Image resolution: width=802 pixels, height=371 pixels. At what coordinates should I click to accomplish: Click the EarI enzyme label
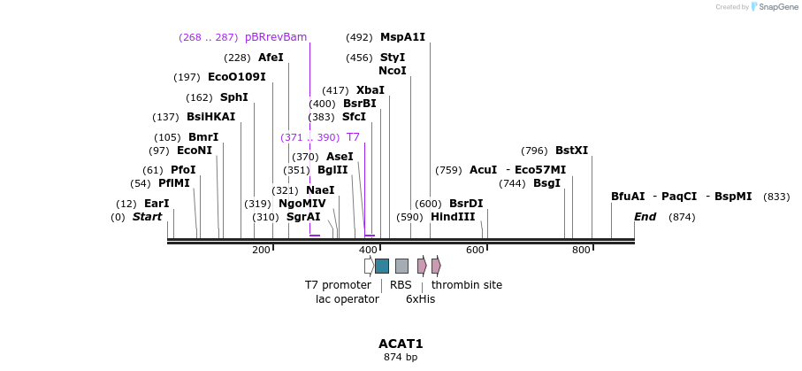click(x=157, y=204)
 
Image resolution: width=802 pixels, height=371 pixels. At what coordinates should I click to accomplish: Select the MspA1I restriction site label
click(x=402, y=37)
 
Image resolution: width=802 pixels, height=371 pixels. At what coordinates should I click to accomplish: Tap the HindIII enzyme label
click(x=453, y=217)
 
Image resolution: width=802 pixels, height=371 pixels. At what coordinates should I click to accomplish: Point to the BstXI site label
click(x=571, y=151)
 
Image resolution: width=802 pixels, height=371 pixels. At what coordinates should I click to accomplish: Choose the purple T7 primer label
click(x=353, y=137)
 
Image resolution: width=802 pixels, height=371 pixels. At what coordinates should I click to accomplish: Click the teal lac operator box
click(x=382, y=266)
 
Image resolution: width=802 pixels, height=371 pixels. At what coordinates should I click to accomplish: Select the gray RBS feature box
click(x=401, y=266)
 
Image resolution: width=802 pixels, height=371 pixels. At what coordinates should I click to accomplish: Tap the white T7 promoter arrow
click(x=369, y=266)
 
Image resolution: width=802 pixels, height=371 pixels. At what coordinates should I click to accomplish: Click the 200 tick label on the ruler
click(x=261, y=251)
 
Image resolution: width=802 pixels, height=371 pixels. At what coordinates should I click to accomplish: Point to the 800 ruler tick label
click(x=581, y=251)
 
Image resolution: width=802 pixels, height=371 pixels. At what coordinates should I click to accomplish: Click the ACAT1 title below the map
click(x=401, y=344)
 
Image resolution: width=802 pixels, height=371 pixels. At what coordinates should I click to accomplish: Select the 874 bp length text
click(x=401, y=358)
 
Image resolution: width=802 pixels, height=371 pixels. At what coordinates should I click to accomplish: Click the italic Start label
click(x=148, y=217)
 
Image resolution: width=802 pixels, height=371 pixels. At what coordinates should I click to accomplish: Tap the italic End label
click(x=646, y=217)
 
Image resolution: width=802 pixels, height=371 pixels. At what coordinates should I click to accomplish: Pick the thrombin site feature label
click(x=467, y=285)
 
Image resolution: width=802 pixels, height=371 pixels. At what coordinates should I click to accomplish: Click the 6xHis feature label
click(x=421, y=299)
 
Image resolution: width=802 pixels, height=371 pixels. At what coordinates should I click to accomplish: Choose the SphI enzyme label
click(x=234, y=97)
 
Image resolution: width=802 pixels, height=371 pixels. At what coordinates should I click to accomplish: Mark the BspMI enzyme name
click(x=733, y=197)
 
